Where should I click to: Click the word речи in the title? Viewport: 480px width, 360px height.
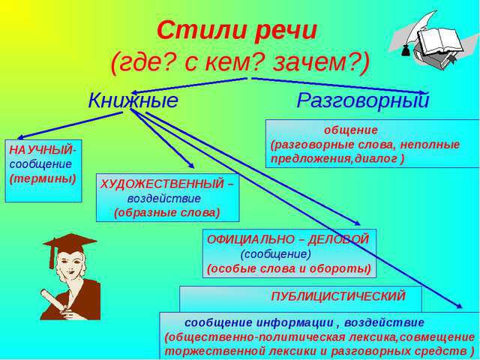pyautogui.click(x=285, y=31)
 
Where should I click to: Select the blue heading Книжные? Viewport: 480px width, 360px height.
pyautogui.click(x=133, y=100)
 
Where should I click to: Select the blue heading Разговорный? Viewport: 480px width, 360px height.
pyautogui.click(x=362, y=100)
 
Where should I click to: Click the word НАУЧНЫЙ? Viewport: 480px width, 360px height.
pyautogui.click(x=40, y=150)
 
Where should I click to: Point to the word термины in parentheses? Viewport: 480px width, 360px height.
pyautogui.click(x=43, y=178)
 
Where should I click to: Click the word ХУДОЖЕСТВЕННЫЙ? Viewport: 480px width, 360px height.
pyautogui.click(x=162, y=184)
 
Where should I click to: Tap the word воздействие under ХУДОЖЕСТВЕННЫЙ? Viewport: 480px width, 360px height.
pyautogui.click(x=164, y=198)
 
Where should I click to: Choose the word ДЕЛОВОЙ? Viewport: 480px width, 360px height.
pyautogui.click(x=338, y=239)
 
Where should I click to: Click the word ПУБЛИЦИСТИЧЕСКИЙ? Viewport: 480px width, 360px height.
pyautogui.click(x=338, y=296)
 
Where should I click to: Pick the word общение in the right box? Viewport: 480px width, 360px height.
pyautogui.click(x=351, y=130)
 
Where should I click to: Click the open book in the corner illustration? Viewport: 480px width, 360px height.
pyautogui.click(x=438, y=41)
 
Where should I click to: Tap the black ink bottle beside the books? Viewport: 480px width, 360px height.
pyautogui.click(x=406, y=50)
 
